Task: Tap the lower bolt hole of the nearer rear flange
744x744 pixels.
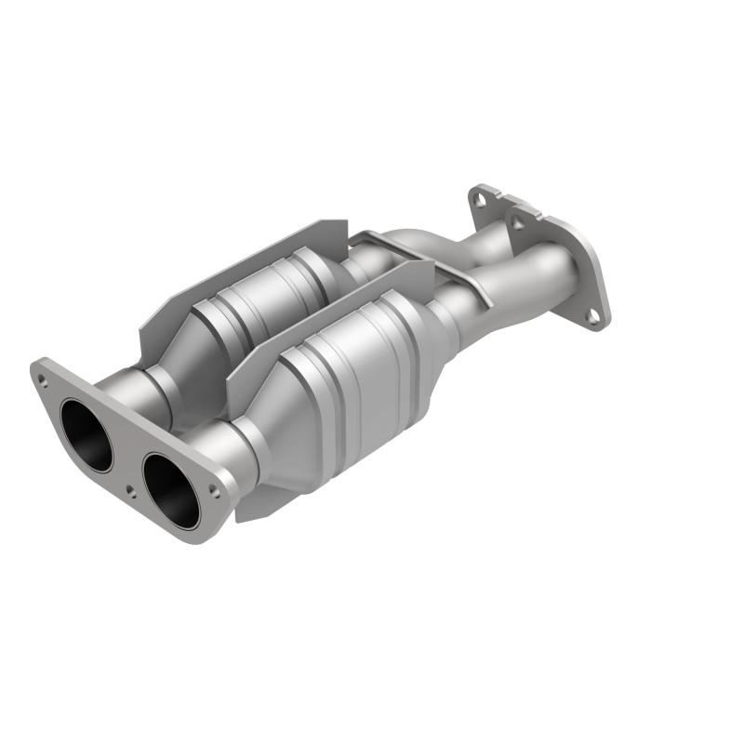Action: pos(591,316)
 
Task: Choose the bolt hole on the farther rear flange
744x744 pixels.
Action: pos(479,196)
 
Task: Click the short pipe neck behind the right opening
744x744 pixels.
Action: pos(228,445)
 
